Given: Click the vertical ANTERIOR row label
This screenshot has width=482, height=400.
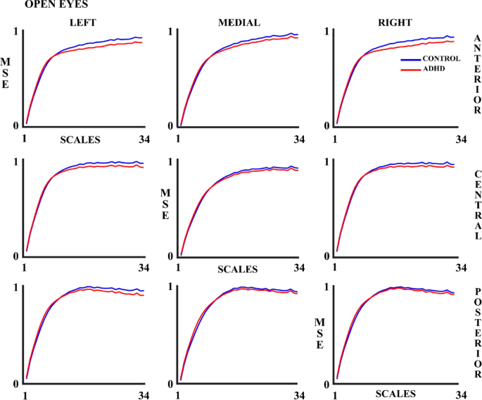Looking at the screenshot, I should point(477,74).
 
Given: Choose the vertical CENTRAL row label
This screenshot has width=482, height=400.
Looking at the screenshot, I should point(477,205).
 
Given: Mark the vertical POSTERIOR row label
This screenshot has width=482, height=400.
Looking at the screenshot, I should point(477,332).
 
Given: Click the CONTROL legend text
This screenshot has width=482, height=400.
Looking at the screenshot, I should point(441,59).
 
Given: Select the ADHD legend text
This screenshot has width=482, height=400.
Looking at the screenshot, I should point(433,69).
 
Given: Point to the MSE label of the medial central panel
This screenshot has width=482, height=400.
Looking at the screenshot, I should point(165,204).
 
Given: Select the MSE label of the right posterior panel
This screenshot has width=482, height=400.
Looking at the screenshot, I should point(319,334).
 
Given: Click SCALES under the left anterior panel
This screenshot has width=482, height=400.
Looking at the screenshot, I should point(79,139).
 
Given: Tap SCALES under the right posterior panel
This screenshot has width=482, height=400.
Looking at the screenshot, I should point(395,394).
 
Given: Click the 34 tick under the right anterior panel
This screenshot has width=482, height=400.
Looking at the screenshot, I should point(461,139).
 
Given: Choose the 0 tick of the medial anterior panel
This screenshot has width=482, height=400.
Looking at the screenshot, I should point(170,126).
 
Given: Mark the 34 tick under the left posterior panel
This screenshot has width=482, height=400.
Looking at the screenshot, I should point(144,396).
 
